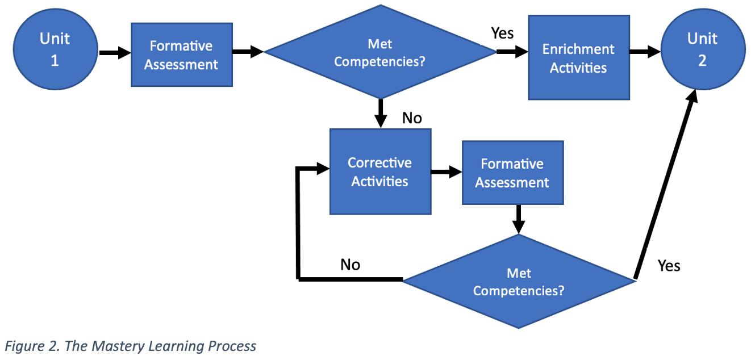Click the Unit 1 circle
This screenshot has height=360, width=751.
(56, 49)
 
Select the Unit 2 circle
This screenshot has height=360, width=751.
(703, 49)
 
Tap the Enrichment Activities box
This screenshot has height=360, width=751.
(579, 57)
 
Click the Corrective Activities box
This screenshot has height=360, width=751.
(381, 171)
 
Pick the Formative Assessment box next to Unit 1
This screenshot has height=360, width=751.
(182, 55)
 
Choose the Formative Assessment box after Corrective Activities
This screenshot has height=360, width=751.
(513, 173)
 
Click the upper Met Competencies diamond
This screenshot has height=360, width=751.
(381, 52)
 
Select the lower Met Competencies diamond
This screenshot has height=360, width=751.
(519, 281)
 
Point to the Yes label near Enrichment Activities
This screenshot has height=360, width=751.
(502, 33)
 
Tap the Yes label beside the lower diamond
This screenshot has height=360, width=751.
(669, 266)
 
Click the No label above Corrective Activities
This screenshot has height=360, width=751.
(412, 118)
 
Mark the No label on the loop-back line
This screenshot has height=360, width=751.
(351, 265)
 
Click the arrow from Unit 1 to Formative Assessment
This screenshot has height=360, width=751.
(115, 53)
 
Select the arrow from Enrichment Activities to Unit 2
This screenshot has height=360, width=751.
(645, 52)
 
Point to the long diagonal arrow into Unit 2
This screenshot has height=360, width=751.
(666, 185)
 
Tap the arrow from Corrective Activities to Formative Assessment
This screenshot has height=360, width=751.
(447, 172)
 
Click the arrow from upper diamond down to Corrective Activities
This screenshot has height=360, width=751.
(381, 114)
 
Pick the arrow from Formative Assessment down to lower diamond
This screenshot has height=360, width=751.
(519, 219)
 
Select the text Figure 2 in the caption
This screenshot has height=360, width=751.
(32, 346)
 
